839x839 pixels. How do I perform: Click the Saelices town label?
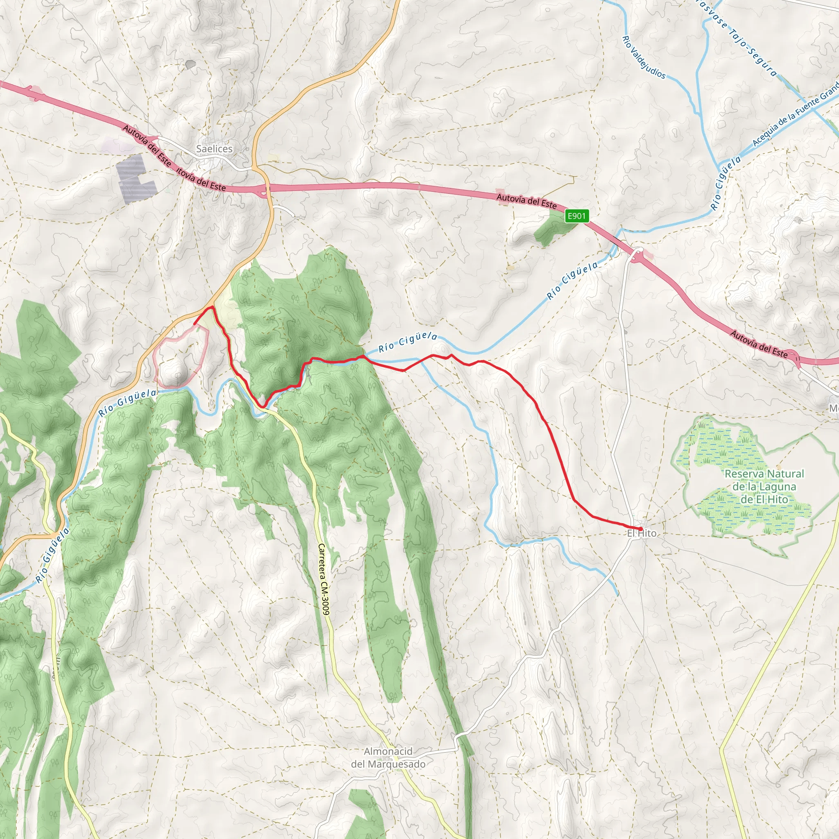tap(214, 149)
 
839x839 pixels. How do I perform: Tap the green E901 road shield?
tap(577, 216)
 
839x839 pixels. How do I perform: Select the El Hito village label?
tap(642, 533)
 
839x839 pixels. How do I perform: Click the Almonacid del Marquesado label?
tap(388, 758)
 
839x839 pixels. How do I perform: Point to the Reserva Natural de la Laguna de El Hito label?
tap(764, 486)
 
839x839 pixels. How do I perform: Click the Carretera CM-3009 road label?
tap(324, 579)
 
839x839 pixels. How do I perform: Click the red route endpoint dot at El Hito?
tap(640, 528)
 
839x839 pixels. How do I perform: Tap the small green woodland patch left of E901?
tap(551, 229)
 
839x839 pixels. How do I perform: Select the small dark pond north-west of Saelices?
tap(190, 64)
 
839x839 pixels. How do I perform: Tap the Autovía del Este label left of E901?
tap(526, 201)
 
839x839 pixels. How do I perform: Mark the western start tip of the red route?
tap(194, 324)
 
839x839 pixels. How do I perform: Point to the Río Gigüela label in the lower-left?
tap(52, 555)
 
